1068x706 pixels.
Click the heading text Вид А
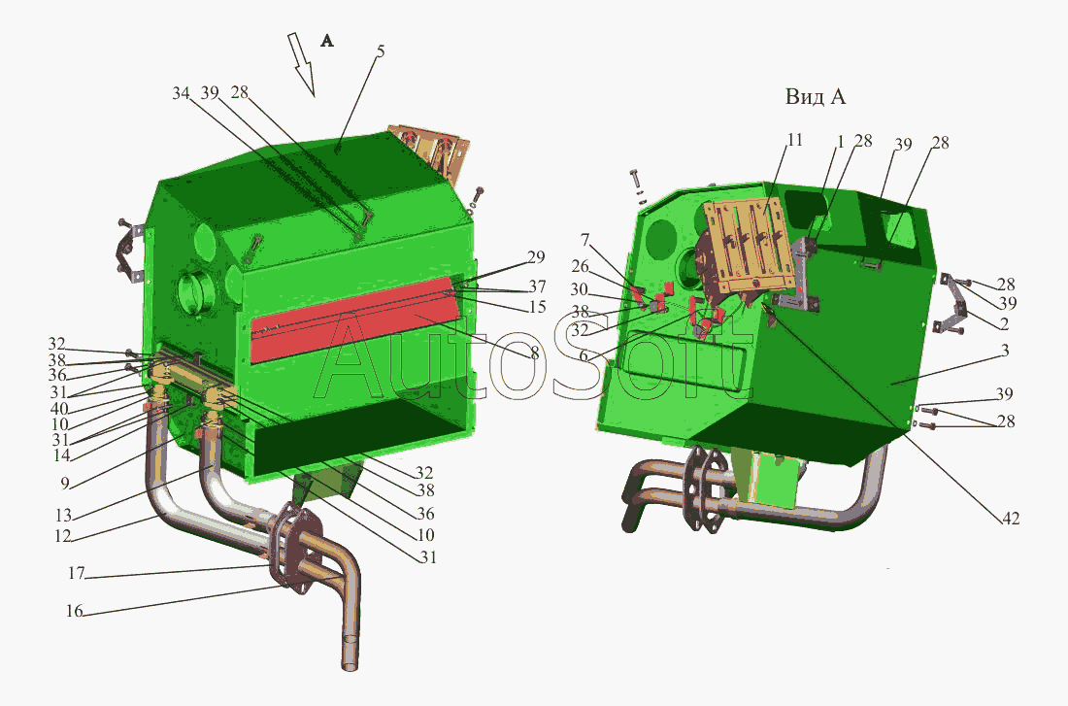[816, 97]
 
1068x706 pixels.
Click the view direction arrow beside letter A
[300, 64]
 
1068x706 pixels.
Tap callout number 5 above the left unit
[381, 51]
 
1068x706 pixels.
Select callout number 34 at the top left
[181, 92]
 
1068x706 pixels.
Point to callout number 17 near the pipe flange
[77, 573]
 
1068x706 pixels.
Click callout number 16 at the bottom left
[74, 611]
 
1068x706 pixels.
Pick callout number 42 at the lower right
[1010, 519]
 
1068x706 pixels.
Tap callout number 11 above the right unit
[794, 140]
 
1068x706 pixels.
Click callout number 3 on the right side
[1005, 351]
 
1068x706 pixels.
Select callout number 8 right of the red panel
[534, 353]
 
